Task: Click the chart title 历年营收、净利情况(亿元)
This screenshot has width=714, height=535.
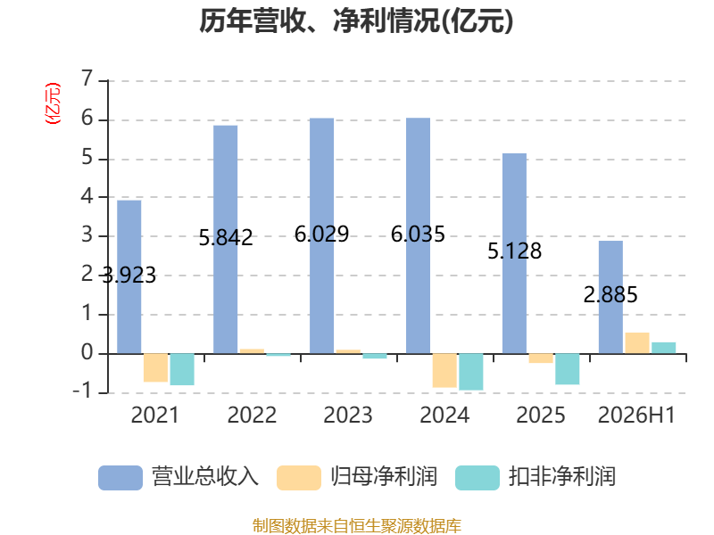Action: (356, 21)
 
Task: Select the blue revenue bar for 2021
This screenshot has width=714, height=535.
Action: (129, 276)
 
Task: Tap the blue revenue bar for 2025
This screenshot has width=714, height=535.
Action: (515, 253)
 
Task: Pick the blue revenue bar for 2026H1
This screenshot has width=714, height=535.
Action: (610, 297)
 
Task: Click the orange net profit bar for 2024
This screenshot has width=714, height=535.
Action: (444, 370)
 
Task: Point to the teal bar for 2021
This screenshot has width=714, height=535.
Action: (182, 369)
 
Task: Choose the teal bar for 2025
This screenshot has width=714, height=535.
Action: (568, 369)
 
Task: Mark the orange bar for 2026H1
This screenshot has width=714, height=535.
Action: (637, 343)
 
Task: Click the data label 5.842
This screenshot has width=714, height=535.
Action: (226, 237)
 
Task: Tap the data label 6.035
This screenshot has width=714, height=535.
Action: (418, 235)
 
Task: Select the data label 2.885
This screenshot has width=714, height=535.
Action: (610, 295)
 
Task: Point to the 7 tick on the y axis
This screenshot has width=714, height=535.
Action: (87, 78)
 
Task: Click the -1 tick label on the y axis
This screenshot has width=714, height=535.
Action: (83, 391)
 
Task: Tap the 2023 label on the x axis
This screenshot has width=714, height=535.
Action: (348, 415)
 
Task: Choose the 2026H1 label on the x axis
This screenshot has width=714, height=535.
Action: (636, 415)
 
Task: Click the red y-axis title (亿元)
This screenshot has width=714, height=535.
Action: (53, 103)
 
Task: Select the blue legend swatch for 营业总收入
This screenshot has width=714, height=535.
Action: (120, 478)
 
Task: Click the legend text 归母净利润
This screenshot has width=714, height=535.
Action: (384, 477)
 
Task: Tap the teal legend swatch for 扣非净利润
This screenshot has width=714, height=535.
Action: (477, 478)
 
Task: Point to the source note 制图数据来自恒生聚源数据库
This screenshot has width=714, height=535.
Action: (357, 526)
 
